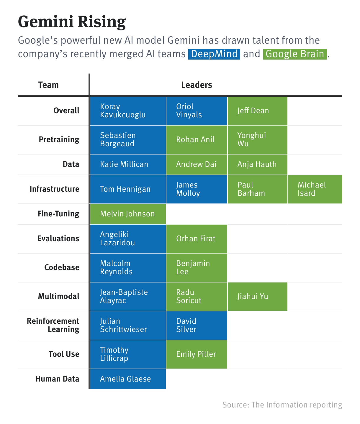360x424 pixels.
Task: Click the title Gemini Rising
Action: click(72, 22)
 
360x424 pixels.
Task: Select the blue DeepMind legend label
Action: click(214, 54)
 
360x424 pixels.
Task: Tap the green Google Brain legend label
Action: click(295, 54)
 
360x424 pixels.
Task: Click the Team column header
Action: click(48, 85)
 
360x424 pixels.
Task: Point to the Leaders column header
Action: click(197, 85)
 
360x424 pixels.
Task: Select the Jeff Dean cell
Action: click(257, 111)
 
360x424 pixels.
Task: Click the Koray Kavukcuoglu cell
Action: click(127, 111)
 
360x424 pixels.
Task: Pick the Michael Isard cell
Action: click(315, 189)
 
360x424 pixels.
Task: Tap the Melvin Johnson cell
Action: click(127, 214)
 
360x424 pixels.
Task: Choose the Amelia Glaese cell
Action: click(127, 379)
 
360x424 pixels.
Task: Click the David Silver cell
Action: click(197, 325)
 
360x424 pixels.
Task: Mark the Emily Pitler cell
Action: click(197, 354)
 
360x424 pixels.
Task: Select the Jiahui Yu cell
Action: click(257, 296)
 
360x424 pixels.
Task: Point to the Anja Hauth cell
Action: click(257, 164)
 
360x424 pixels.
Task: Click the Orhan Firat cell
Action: click(197, 239)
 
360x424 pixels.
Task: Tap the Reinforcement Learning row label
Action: click(53, 325)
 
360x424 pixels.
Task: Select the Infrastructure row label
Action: click(54, 189)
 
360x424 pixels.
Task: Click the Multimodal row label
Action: click(58, 296)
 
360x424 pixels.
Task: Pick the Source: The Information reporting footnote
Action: click(282, 405)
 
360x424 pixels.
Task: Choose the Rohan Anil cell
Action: click(197, 139)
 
